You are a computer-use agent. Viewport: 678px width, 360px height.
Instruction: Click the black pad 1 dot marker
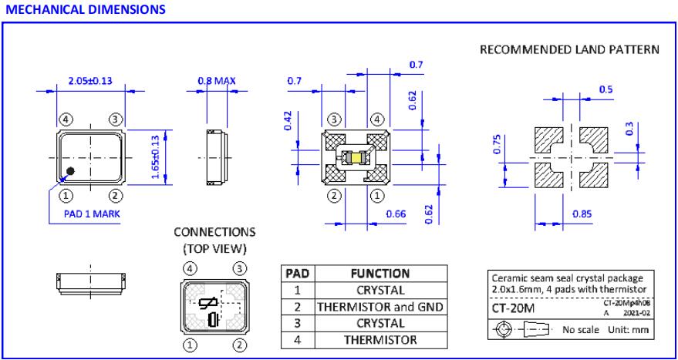[70, 170]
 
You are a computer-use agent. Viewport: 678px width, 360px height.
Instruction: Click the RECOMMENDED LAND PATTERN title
[569, 50]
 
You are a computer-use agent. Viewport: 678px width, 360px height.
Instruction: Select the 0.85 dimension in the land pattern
[583, 212]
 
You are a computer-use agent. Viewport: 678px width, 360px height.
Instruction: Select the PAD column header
[298, 274]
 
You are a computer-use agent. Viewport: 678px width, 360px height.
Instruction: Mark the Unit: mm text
[626, 330]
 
